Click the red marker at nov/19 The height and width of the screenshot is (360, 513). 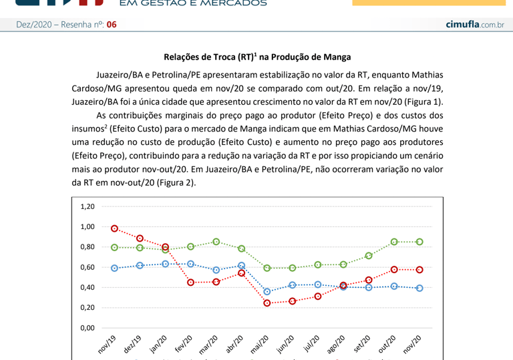pyautogui.click(x=115, y=228)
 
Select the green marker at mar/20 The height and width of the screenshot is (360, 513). pyautogui.click(x=216, y=242)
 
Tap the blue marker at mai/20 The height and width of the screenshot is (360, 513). pyautogui.click(x=267, y=292)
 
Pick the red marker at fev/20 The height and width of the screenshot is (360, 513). pyautogui.click(x=191, y=283)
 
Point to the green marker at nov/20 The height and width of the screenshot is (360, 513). pyautogui.click(x=419, y=242)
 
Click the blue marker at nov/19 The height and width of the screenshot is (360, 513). pyautogui.click(x=115, y=268)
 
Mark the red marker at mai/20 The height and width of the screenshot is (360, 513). pyautogui.click(x=267, y=303)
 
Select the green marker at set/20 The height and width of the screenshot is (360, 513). pyautogui.click(x=369, y=256)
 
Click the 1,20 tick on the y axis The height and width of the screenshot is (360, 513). pyautogui.click(x=88, y=206)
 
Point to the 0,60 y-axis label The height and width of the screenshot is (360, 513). pyautogui.click(x=88, y=267)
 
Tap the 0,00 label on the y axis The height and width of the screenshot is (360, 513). pyautogui.click(x=88, y=328)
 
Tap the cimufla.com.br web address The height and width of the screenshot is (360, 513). pyautogui.click(x=474, y=25)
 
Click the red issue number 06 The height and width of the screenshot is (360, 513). pyautogui.click(x=111, y=25)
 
